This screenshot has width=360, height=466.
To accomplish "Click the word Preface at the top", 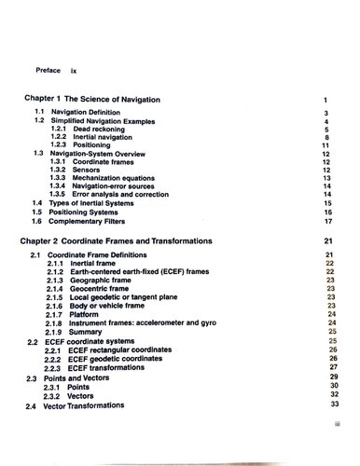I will click(48, 70).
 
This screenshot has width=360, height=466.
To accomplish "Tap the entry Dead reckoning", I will click(99, 129).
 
